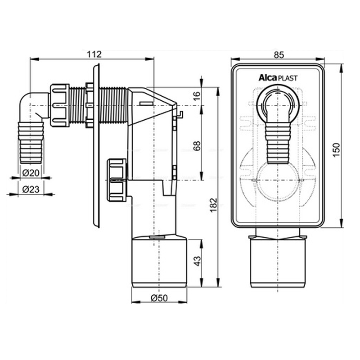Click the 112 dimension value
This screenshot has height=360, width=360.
[x=94, y=54]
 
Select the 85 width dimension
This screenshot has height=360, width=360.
[x=279, y=55]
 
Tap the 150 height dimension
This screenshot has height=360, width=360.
[x=336, y=150]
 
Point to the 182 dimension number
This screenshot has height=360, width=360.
[x=213, y=205]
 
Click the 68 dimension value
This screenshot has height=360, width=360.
[x=197, y=145]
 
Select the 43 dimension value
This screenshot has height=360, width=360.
[x=197, y=261]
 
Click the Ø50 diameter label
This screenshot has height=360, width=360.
[x=159, y=298]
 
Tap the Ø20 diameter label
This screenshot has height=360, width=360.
[x=31, y=173]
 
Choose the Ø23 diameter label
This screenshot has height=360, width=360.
[x=31, y=189]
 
